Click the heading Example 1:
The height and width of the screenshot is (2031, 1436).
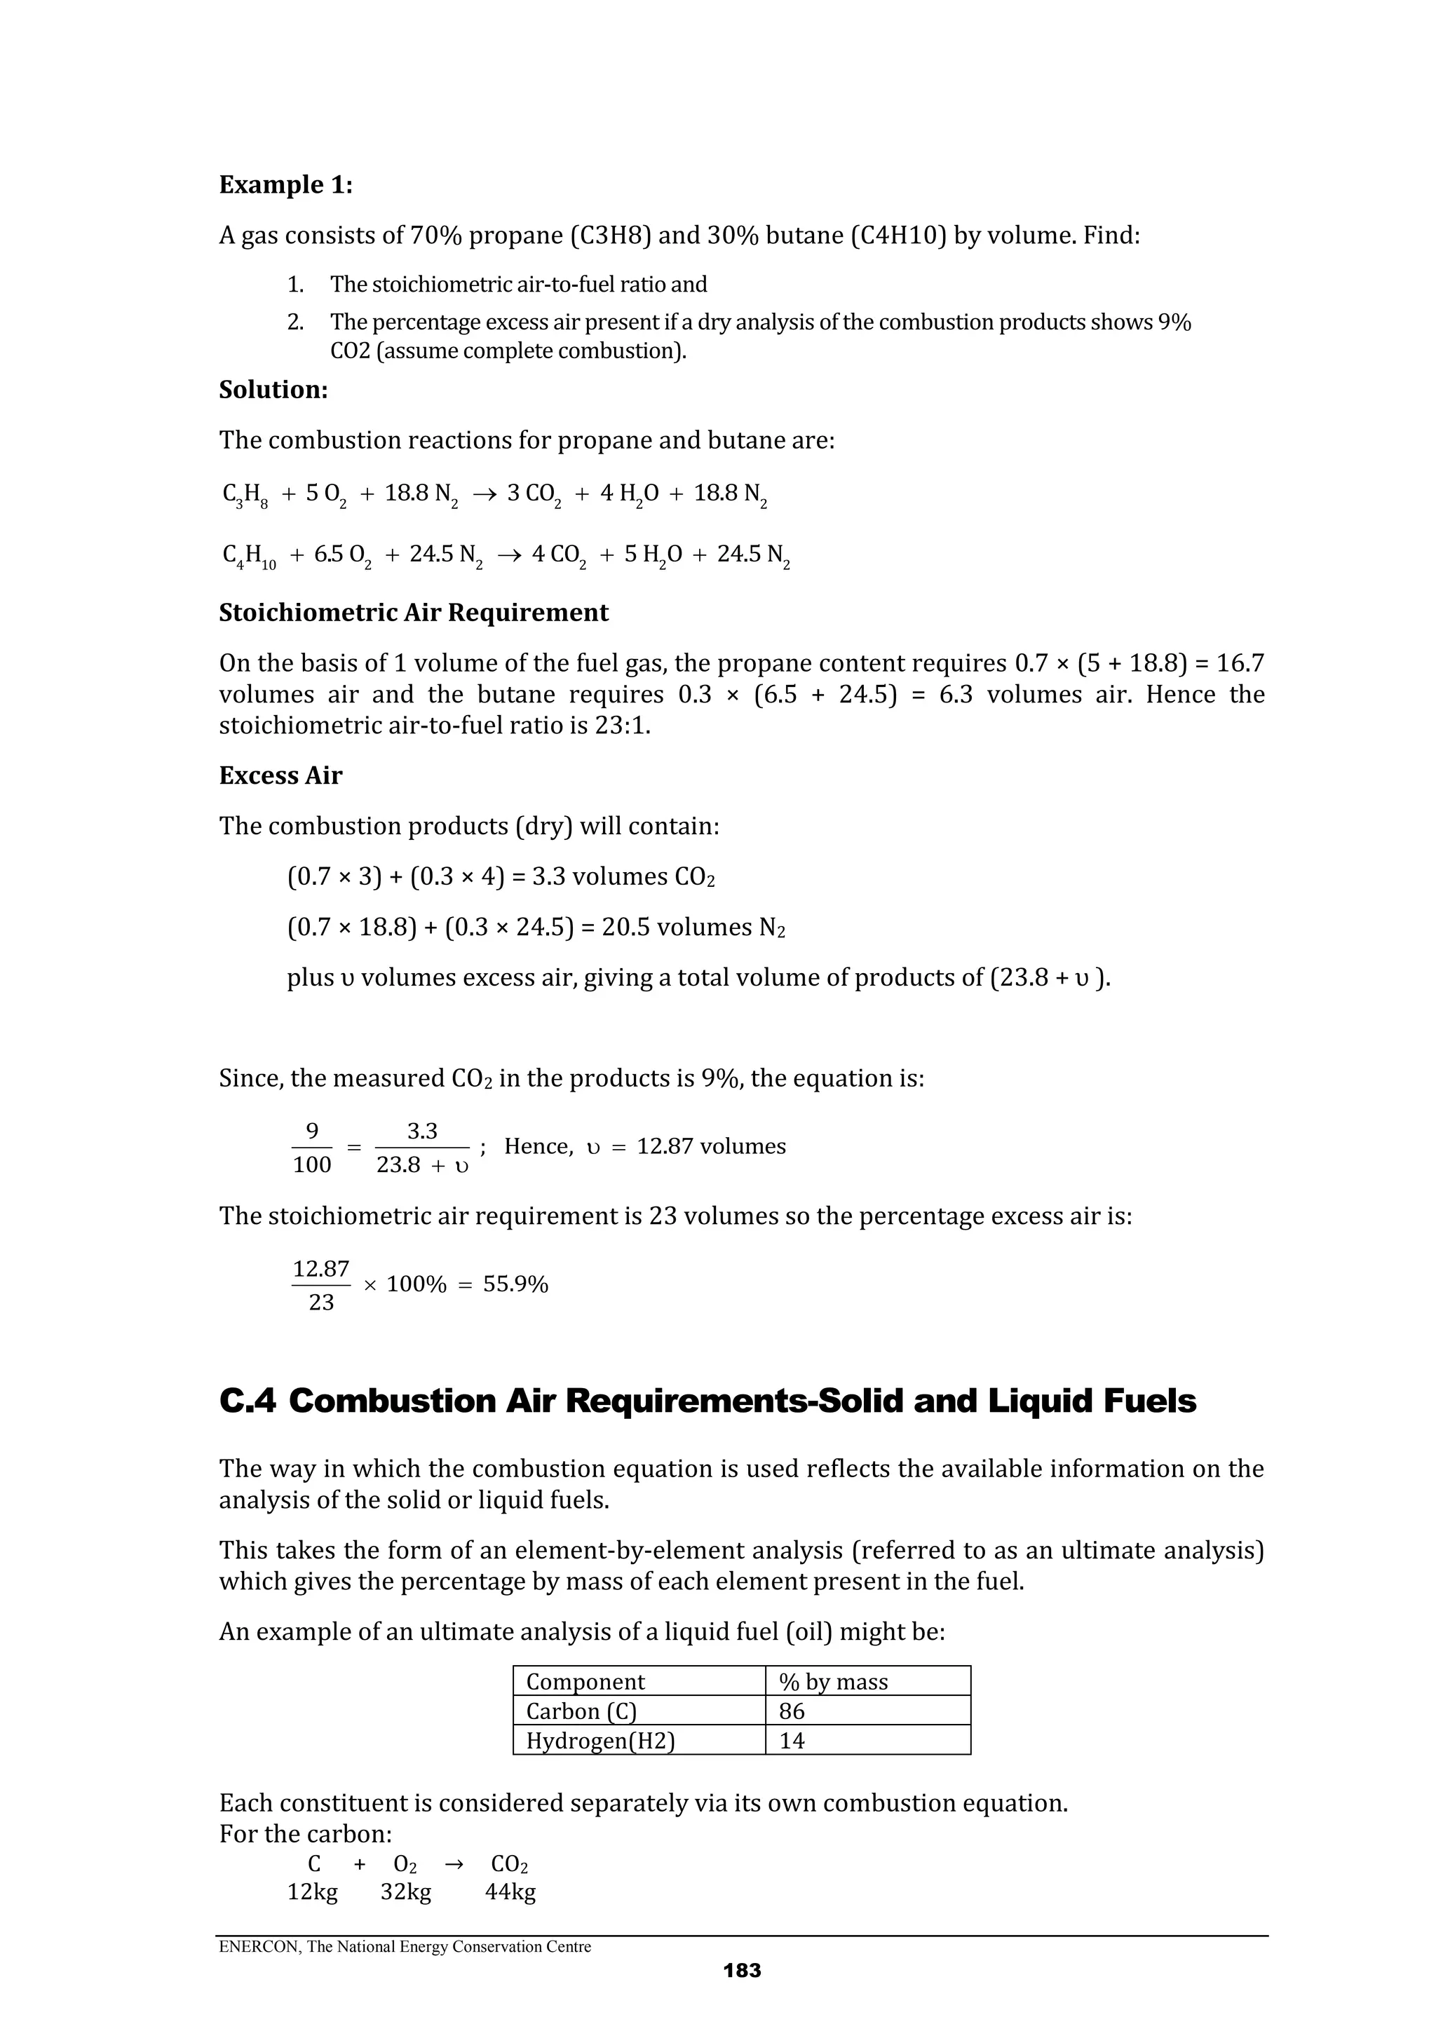pyautogui.click(x=285, y=185)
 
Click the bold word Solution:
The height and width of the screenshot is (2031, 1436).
pyautogui.click(x=273, y=390)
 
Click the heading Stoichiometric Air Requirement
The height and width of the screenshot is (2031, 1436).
pyautogui.click(x=413, y=613)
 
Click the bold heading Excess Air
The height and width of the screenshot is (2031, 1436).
pyautogui.click(x=280, y=776)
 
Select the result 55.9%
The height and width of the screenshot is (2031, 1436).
pyautogui.click(x=516, y=1284)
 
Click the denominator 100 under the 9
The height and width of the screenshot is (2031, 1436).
pyautogui.click(x=311, y=1164)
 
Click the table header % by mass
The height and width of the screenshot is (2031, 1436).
pyautogui.click(x=832, y=1682)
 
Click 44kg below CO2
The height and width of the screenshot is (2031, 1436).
pyautogui.click(x=510, y=1892)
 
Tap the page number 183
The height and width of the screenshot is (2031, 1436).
pyautogui.click(x=741, y=1970)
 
